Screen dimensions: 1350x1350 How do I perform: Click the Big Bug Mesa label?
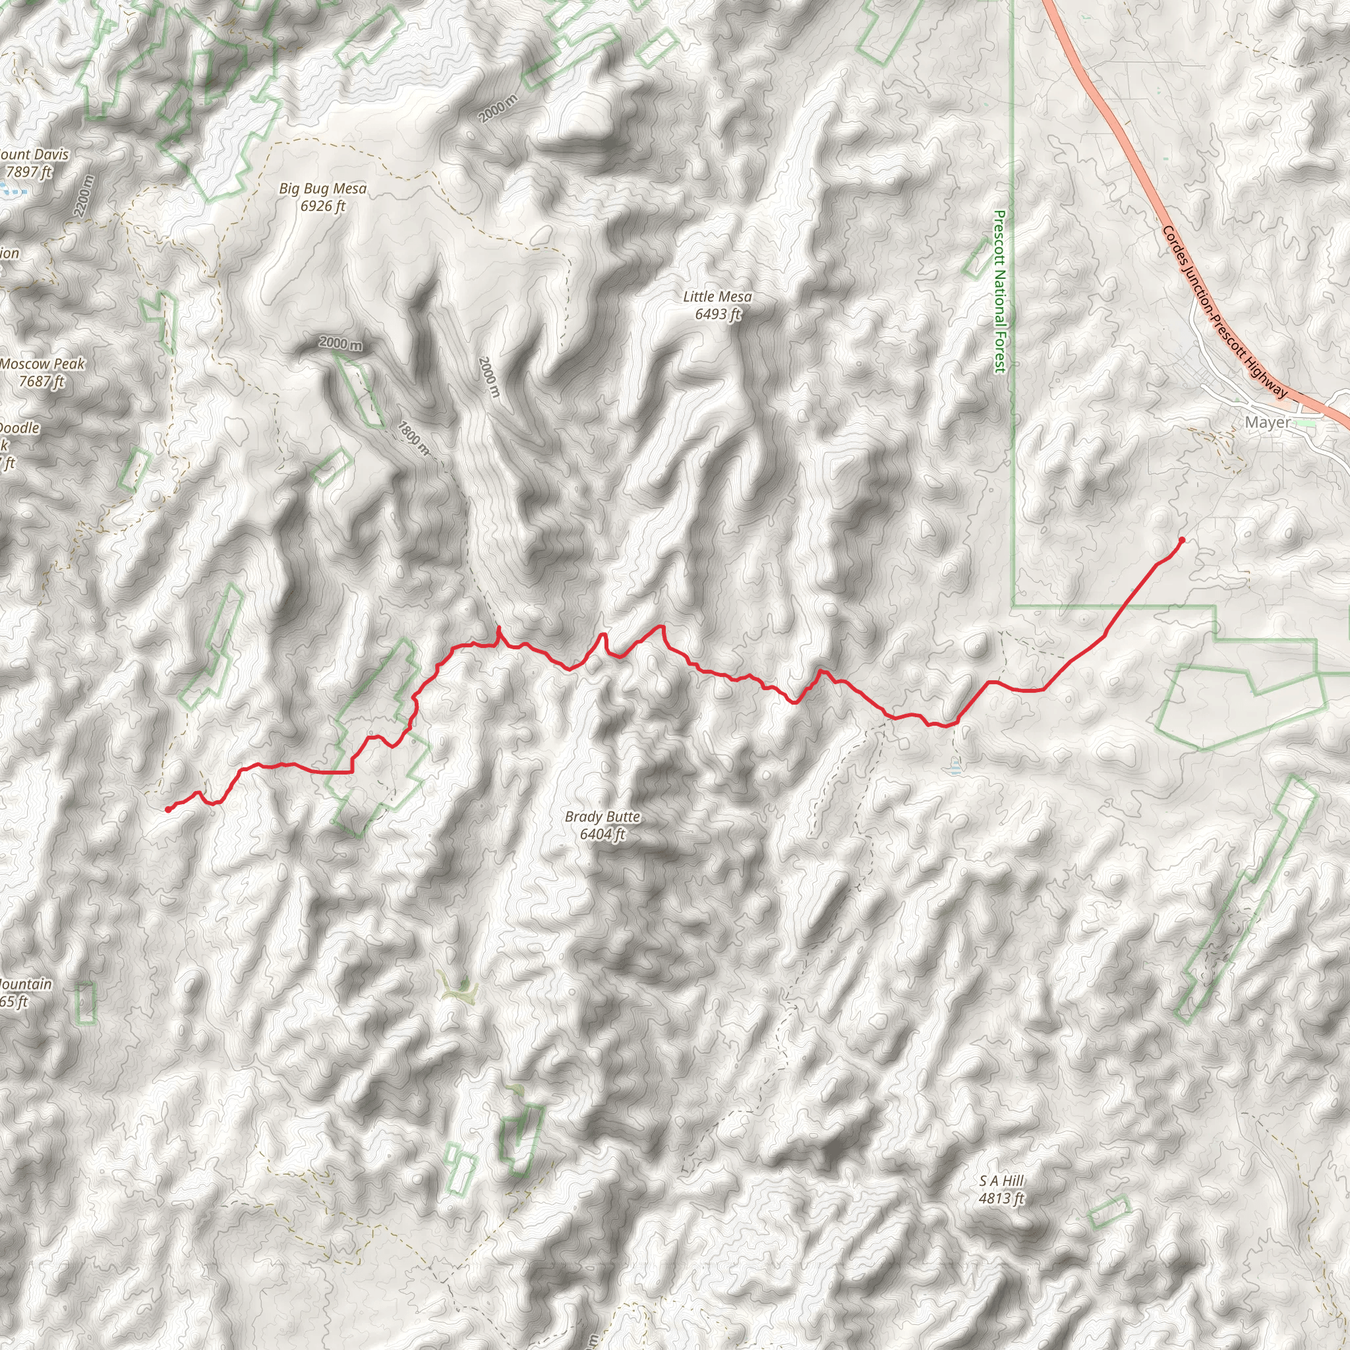pos(322,189)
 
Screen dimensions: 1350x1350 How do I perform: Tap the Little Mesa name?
pos(717,297)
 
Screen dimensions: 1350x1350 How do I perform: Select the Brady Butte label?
pos(602,817)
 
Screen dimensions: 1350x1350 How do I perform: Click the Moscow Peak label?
pos(42,364)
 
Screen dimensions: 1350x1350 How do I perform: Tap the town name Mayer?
pos(1268,423)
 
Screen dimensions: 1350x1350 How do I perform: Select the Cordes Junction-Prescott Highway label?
pos(1224,312)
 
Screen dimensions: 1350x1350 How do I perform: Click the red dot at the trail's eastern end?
pos(1182,540)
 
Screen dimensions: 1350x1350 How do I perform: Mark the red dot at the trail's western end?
pos(167,809)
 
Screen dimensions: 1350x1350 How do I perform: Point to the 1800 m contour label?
pos(414,438)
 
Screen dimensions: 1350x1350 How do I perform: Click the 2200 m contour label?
pos(83,196)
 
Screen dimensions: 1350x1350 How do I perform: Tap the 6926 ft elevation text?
pos(322,206)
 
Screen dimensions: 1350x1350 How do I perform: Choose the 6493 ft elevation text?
pos(717,314)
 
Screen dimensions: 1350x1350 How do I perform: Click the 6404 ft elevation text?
pos(602,835)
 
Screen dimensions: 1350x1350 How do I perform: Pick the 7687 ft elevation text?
pos(42,382)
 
